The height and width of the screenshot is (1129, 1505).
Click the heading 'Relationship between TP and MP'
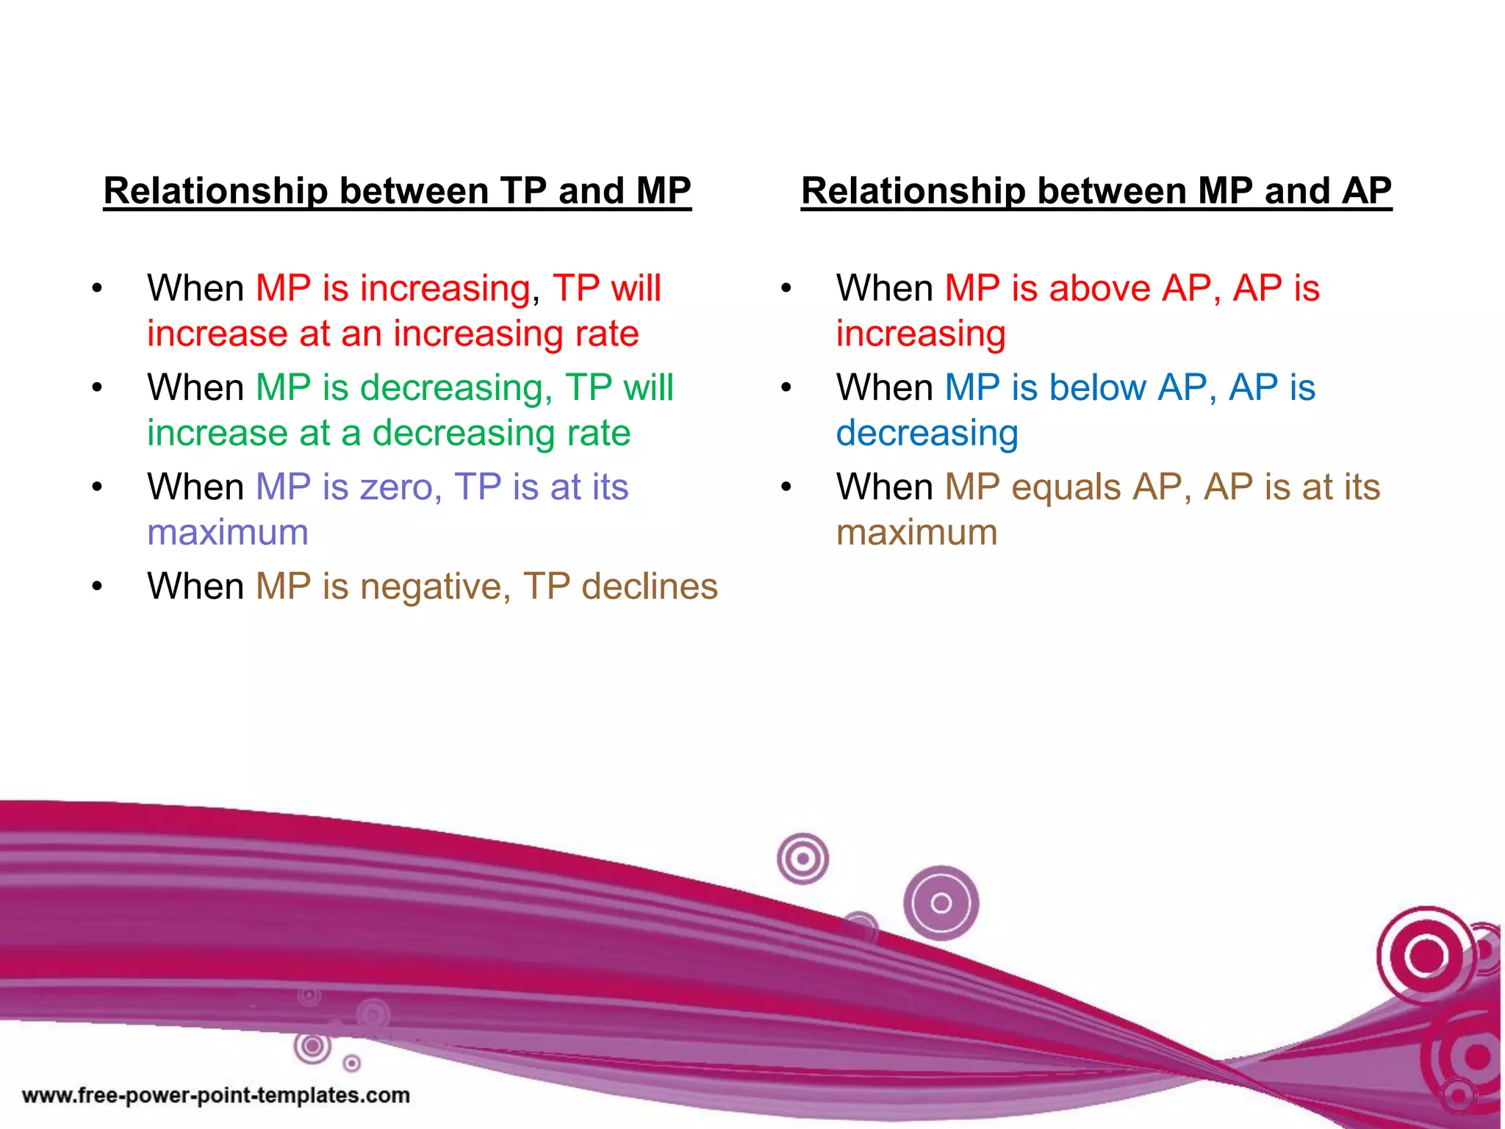397,191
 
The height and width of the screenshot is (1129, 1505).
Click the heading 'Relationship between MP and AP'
1096,191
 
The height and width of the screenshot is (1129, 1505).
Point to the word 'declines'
650,587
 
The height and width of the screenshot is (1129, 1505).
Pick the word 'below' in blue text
1097,387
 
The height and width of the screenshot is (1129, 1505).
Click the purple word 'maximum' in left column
228,533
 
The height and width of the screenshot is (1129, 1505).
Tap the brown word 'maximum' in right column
917,533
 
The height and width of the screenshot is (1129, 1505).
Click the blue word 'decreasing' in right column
927,434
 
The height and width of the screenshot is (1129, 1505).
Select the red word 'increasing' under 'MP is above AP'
921,334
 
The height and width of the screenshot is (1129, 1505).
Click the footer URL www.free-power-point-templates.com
216,1095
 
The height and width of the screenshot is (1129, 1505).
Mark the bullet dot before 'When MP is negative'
97,587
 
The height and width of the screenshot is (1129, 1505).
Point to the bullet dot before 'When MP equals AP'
786,487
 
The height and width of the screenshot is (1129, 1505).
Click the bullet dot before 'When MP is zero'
97,487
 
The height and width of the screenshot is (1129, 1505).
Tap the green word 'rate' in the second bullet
598,434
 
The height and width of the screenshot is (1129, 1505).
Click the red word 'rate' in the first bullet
607,334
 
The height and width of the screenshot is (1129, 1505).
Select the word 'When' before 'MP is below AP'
885,387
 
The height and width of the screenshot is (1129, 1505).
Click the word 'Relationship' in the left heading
215,191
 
